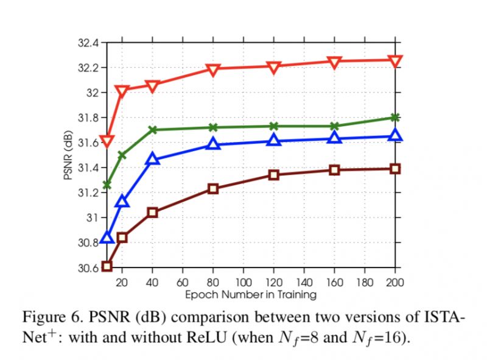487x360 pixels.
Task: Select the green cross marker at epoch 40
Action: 152,130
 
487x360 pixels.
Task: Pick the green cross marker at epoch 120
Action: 274,126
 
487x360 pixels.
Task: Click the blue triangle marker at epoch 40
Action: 152,160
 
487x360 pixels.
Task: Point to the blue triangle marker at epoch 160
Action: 334,138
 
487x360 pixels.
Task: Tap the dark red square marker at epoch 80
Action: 213,188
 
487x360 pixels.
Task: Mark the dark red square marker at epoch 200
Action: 395,168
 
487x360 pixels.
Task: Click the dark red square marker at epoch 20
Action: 122,237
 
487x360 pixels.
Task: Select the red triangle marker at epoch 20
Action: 122,91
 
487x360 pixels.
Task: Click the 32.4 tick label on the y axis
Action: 89,43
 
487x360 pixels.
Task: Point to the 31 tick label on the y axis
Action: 94,218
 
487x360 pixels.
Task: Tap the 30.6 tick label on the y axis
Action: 89,268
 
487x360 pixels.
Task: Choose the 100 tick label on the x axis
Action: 243,283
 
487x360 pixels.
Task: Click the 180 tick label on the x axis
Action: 365,283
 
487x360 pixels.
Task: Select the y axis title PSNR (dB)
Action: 68,155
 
